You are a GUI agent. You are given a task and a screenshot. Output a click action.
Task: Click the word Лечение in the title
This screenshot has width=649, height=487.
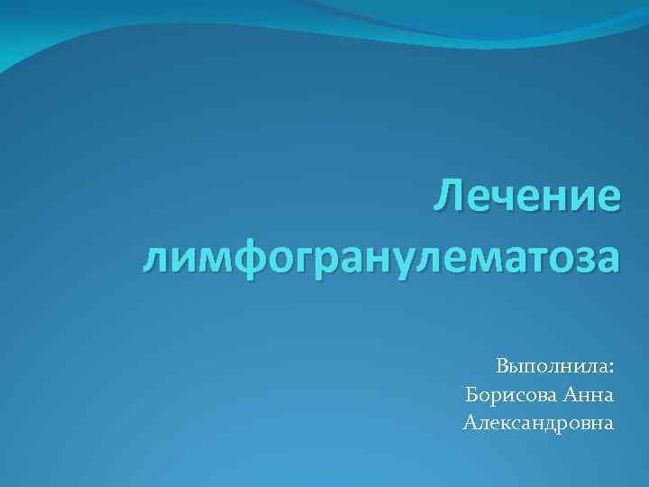(527, 197)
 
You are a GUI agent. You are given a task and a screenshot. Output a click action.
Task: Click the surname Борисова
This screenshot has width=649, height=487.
(511, 394)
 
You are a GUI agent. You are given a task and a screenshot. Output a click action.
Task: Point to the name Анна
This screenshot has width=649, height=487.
(589, 394)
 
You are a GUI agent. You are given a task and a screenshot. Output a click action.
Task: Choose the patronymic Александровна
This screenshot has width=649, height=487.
(538, 421)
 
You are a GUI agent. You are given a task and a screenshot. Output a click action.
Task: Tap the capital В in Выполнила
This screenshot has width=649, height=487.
(502, 367)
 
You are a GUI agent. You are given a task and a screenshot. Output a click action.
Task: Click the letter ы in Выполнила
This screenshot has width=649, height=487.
(517, 369)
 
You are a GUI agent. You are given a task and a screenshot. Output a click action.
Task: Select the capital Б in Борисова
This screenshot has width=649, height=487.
(472, 394)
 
